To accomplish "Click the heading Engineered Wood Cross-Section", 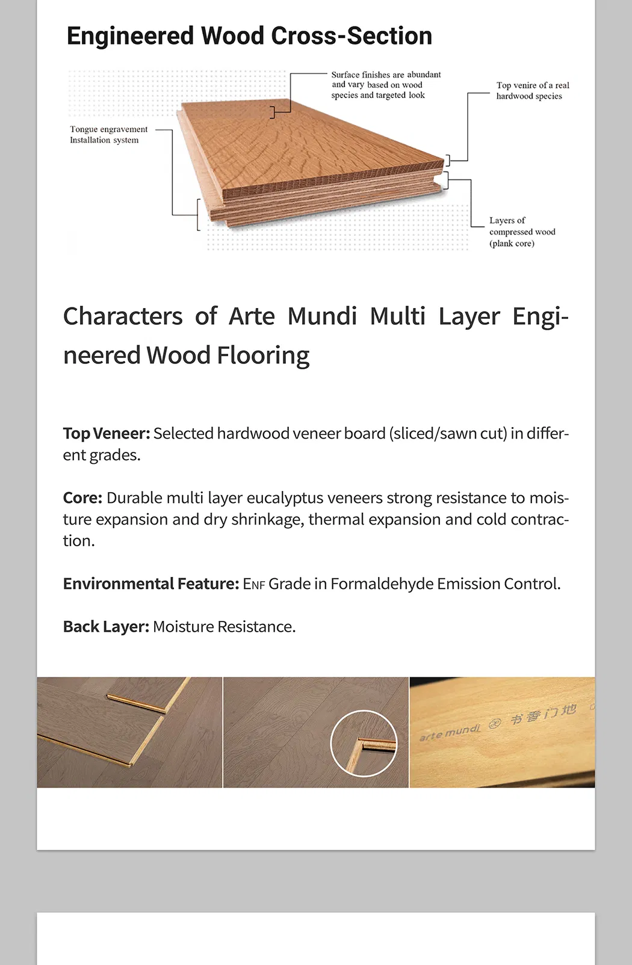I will pos(249,36).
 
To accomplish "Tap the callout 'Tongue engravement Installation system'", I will pos(108,135).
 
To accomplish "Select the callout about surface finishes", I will pos(386,85).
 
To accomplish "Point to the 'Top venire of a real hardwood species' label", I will pos(532,91).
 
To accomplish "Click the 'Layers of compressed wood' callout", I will pos(521,232).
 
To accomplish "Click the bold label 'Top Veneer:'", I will pos(107,434).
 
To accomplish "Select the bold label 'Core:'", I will pos(82,498).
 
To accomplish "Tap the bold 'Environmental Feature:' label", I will pos(151,584).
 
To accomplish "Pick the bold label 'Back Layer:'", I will pos(106,627).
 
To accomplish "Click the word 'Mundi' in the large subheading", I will pos(322,316).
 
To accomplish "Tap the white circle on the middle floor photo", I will pos(364,743).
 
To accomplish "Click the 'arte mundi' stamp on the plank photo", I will pos(450,732).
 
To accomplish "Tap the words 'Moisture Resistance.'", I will pos(224,627).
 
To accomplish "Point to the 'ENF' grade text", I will pos(253,584).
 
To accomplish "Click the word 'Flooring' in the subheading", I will pos(263,356).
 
